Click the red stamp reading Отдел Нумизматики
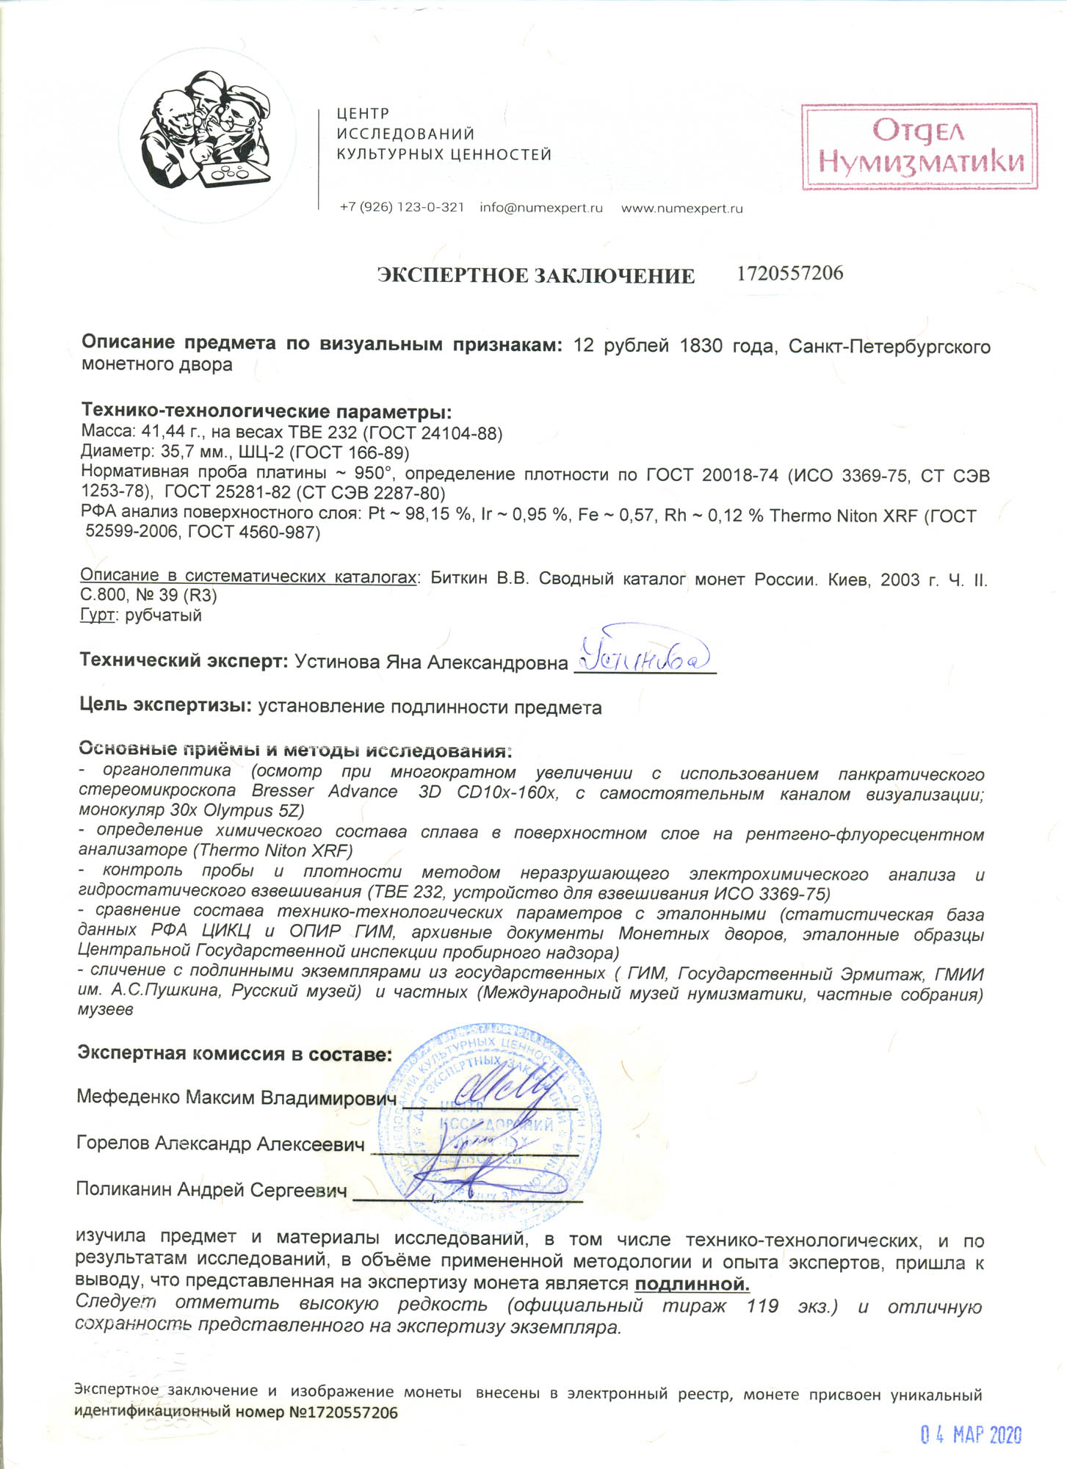[x=919, y=147]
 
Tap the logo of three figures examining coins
[x=207, y=131]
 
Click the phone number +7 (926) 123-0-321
[x=402, y=208]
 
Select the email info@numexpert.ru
[x=541, y=208]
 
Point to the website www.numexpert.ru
[x=681, y=209]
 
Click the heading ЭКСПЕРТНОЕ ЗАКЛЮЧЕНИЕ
[x=535, y=276]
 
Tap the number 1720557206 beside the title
[x=789, y=274]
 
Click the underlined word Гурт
[x=97, y=615]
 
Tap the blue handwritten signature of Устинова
[x=645, y=651]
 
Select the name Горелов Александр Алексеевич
[x=220, y=1144]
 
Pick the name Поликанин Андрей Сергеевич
[x=211, y=1190]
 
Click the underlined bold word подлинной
[x=692, y=1285]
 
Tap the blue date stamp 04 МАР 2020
[x=971, y=1434]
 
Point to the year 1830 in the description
[x=701, y=346]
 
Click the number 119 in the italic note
[x=762, y=1306]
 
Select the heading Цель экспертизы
[x=166, y=706]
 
